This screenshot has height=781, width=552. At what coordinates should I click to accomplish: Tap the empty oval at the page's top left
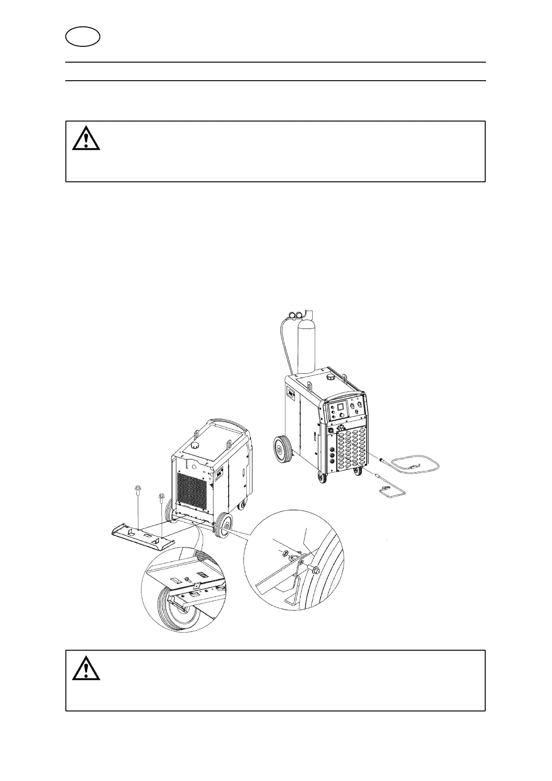point(83,37)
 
